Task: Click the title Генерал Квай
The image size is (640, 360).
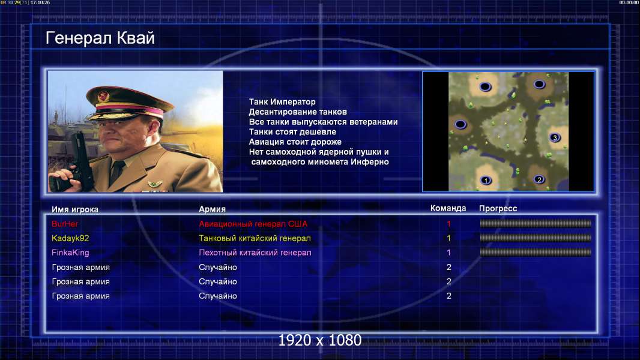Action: tap(100, 38)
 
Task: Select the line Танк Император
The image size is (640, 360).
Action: tap(282, 102)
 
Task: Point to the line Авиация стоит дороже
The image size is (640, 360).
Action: tap(295, 142)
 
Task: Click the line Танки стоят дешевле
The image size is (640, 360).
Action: tap(292, 131)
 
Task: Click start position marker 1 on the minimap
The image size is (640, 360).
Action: tap(486, 180)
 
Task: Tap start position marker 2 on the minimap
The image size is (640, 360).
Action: tap(539, 179)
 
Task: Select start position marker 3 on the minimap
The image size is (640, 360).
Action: tap(555, 137)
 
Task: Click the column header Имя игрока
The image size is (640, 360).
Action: tap(74, 209)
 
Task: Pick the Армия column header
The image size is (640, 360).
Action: tap(213, 209)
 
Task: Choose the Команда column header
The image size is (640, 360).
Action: tap(448, 208)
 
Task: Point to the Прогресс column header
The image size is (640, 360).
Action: tap(498, 208)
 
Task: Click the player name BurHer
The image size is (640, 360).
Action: tap(65, 223)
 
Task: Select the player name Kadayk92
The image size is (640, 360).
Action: tap(70, 238)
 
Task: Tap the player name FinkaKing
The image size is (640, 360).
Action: tap(70, 253)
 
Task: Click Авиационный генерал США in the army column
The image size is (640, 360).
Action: tap(253, 224)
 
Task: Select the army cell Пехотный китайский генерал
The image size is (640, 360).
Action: tap(255, 253)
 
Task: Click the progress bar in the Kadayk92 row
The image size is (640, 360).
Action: tap(536, 238)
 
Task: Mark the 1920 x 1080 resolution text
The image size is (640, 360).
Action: tap(320, 340)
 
